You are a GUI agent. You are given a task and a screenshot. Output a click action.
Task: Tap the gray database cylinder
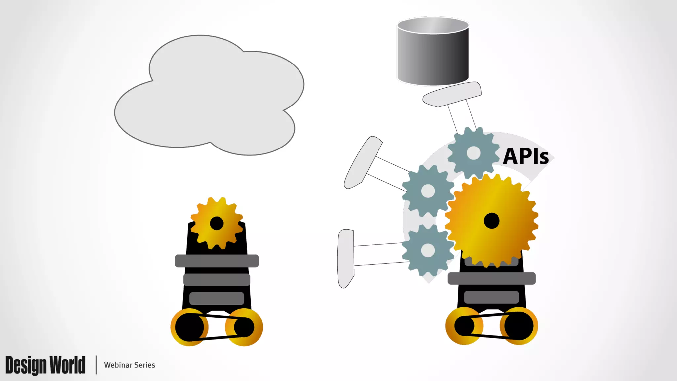tap(433, 53)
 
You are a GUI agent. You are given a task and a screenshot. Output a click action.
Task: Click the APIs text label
tap(526, 156)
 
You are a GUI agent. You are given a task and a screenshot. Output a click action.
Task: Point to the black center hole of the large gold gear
tap(492, 221)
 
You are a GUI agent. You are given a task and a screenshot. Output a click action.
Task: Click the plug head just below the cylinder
tap(452, 95)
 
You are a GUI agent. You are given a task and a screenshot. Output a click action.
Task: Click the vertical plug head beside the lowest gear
tap(345, 258)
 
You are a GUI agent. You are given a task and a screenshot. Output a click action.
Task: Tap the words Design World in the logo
tap(45, 365)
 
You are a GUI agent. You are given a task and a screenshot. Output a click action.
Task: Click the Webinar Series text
tap(130, 365)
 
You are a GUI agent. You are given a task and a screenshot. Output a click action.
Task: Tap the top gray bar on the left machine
tap(217, 261)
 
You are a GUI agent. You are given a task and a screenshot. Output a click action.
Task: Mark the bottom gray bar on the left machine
tap(217, 298)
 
